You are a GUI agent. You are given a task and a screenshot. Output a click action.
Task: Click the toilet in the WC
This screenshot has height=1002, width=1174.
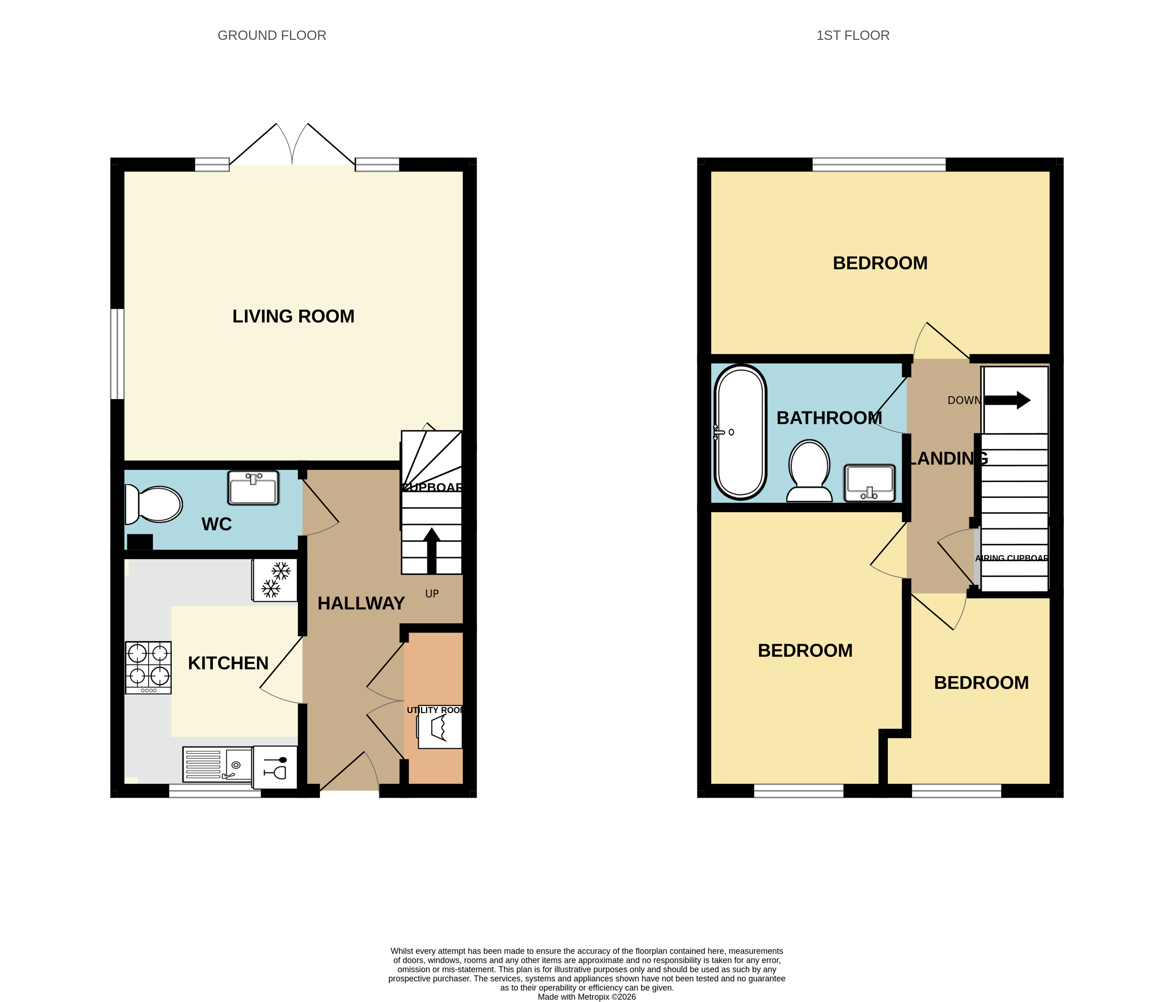pos(154,504)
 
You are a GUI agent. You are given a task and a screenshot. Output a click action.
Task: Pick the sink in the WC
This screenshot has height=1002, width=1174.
pos(253,488)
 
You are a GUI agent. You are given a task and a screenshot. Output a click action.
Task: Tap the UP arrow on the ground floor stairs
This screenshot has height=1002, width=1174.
pos(432,550)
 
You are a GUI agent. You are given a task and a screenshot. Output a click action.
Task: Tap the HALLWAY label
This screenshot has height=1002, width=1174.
pos(361,603)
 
